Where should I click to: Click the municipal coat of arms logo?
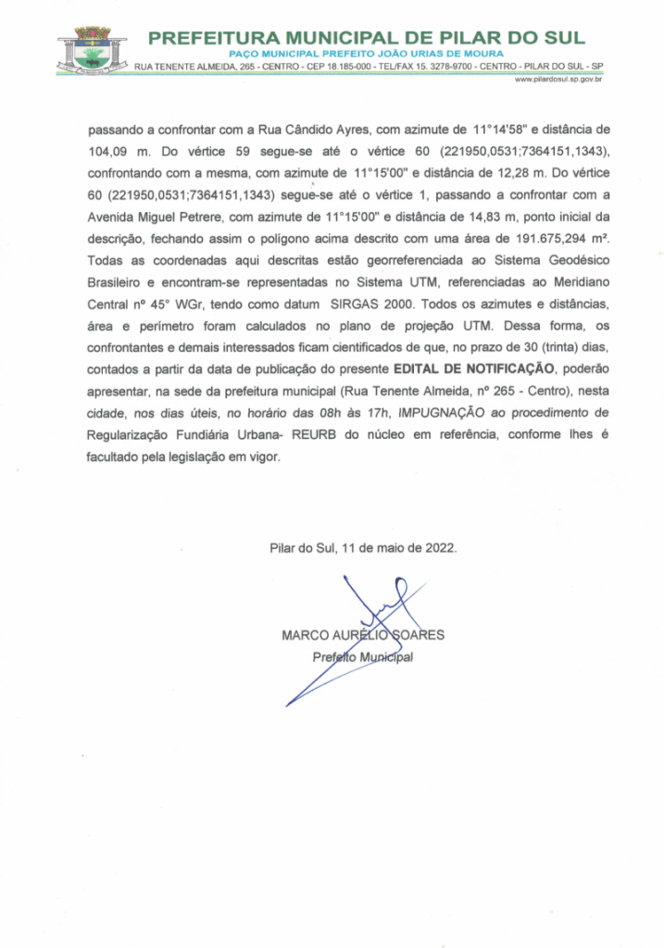coord(92,50)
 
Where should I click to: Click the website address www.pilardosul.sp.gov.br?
coord(558,81)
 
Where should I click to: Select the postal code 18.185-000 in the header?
coord(345,67)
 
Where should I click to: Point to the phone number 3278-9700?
coord(438,67)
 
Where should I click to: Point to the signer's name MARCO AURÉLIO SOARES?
coord(363,635)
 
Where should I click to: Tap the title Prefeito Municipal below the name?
coord(362,657)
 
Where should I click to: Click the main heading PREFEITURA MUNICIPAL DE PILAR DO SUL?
coord(367,38)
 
